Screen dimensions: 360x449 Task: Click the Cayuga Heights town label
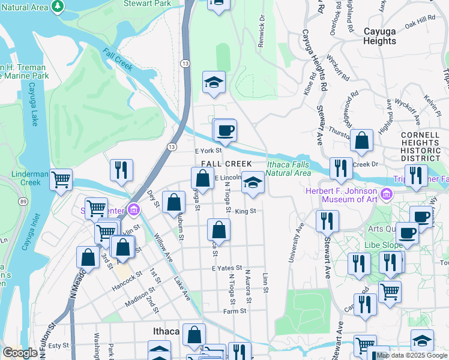point(380,35)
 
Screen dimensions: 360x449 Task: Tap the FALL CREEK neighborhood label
point(226,164)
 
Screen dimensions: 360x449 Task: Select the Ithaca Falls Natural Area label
point(289,169)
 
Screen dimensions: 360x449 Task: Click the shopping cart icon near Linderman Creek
point(61,179)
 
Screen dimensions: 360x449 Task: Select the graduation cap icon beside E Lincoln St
point(253,182)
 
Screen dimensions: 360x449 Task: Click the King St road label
point(246,211)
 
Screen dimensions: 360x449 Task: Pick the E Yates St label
point(226,268)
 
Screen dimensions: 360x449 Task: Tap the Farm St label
point(235,311)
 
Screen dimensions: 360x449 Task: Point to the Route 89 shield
point(22,200)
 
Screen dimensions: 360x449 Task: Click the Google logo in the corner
point(20,353)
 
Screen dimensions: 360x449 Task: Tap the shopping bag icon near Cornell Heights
point(362,142)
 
